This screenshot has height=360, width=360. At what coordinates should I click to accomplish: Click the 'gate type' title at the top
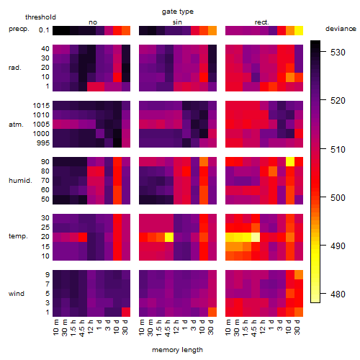click(x=178, y=12)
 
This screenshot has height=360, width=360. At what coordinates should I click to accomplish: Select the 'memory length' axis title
click(x=177, y=350)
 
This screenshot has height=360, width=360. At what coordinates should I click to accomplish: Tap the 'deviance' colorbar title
click(x=341, y=29)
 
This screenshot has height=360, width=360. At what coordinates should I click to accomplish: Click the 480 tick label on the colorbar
click(x=338, y=294)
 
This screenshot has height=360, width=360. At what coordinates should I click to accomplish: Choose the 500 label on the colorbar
click(x=338, y=197)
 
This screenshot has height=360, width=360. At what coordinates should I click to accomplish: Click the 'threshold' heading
click(x=40, y=17)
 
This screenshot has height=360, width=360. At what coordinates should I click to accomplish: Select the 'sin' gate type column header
click(x=177, y=22)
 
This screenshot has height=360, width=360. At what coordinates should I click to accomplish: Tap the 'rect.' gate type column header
click(x=261, y=22)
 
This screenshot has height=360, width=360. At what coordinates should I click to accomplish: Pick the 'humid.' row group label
click(x=20, y=180)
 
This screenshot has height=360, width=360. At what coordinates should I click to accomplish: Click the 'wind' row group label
click(x=17, y=293)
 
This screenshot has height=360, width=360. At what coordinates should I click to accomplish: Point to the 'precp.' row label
click(x=19, y=29)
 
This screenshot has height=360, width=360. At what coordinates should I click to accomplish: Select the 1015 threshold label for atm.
click(x=41, y=105)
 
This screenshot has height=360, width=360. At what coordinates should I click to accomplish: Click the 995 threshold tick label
click(x=43, y=143)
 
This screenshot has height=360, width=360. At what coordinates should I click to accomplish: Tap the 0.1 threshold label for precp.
click(x=44, y=30)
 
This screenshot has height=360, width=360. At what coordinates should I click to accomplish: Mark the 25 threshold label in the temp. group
click(x=45, y=227)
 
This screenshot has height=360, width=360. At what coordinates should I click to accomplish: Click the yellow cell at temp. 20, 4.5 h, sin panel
click(x=169, y=238)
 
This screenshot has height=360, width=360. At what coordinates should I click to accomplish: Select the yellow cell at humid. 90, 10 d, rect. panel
click(x=290, y=162)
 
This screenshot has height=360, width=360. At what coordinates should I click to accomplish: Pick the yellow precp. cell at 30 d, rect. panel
click(x=299, y=30)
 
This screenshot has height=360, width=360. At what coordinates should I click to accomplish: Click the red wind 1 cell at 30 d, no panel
click(x=126, y=312)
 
